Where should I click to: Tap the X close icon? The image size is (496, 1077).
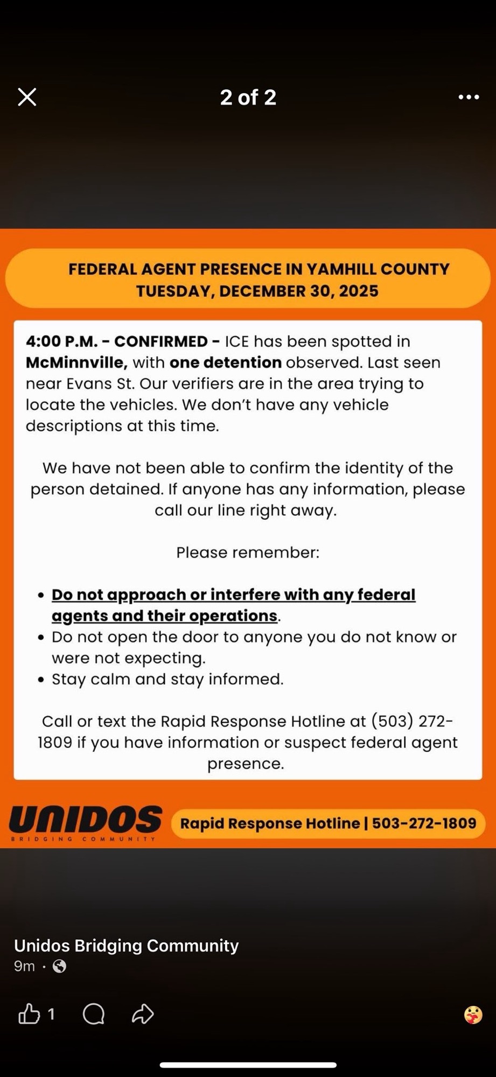pos(27,97)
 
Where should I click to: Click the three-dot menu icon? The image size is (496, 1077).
pos(469,97)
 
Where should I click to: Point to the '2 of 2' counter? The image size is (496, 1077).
pos(248,97)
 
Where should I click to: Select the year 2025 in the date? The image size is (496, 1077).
pos(359,291)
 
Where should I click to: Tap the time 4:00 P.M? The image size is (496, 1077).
pos(61,341)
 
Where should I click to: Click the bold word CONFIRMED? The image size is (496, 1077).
pos(160,341)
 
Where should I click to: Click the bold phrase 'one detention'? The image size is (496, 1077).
pos(225,362)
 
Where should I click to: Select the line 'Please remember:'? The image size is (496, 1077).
pos(248,553)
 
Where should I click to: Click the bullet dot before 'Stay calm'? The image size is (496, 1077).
pos(41,680)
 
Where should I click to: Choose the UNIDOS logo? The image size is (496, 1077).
pos(85,822)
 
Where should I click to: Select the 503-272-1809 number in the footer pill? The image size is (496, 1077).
pos(424,823)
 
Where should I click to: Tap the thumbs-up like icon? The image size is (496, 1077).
pos(30,1014)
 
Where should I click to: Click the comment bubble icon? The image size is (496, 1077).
pos(94,1014)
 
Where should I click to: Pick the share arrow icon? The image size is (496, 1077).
pos(143,1014)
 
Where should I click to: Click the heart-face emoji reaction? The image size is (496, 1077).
pos(473,1015)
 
